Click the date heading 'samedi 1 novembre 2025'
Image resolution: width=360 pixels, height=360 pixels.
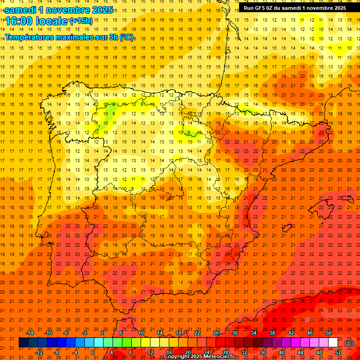(59, 9)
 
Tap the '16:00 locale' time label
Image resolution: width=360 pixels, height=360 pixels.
(36, 21)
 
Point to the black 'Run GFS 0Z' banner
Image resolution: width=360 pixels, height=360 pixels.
(294, 7)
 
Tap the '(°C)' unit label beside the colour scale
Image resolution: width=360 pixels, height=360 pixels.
(349, 343)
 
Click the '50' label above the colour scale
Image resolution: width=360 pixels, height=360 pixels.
(329, 333)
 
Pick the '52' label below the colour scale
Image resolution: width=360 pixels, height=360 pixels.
(338, 352)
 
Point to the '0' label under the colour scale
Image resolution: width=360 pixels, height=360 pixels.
(93, 352)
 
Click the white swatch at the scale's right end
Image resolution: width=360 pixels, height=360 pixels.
(333, 343)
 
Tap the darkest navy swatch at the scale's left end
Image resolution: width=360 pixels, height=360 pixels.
(23, 343)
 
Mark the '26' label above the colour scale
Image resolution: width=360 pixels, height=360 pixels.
(216, 333)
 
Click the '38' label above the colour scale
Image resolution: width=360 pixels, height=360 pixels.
(272, 333)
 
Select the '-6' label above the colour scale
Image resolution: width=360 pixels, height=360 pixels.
(67, 333)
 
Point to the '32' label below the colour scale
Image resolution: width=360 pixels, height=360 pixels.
(244, 352)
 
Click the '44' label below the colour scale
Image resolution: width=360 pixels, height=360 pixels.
(300, 352)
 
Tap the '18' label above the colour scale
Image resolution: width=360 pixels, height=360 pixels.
(179, 333)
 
